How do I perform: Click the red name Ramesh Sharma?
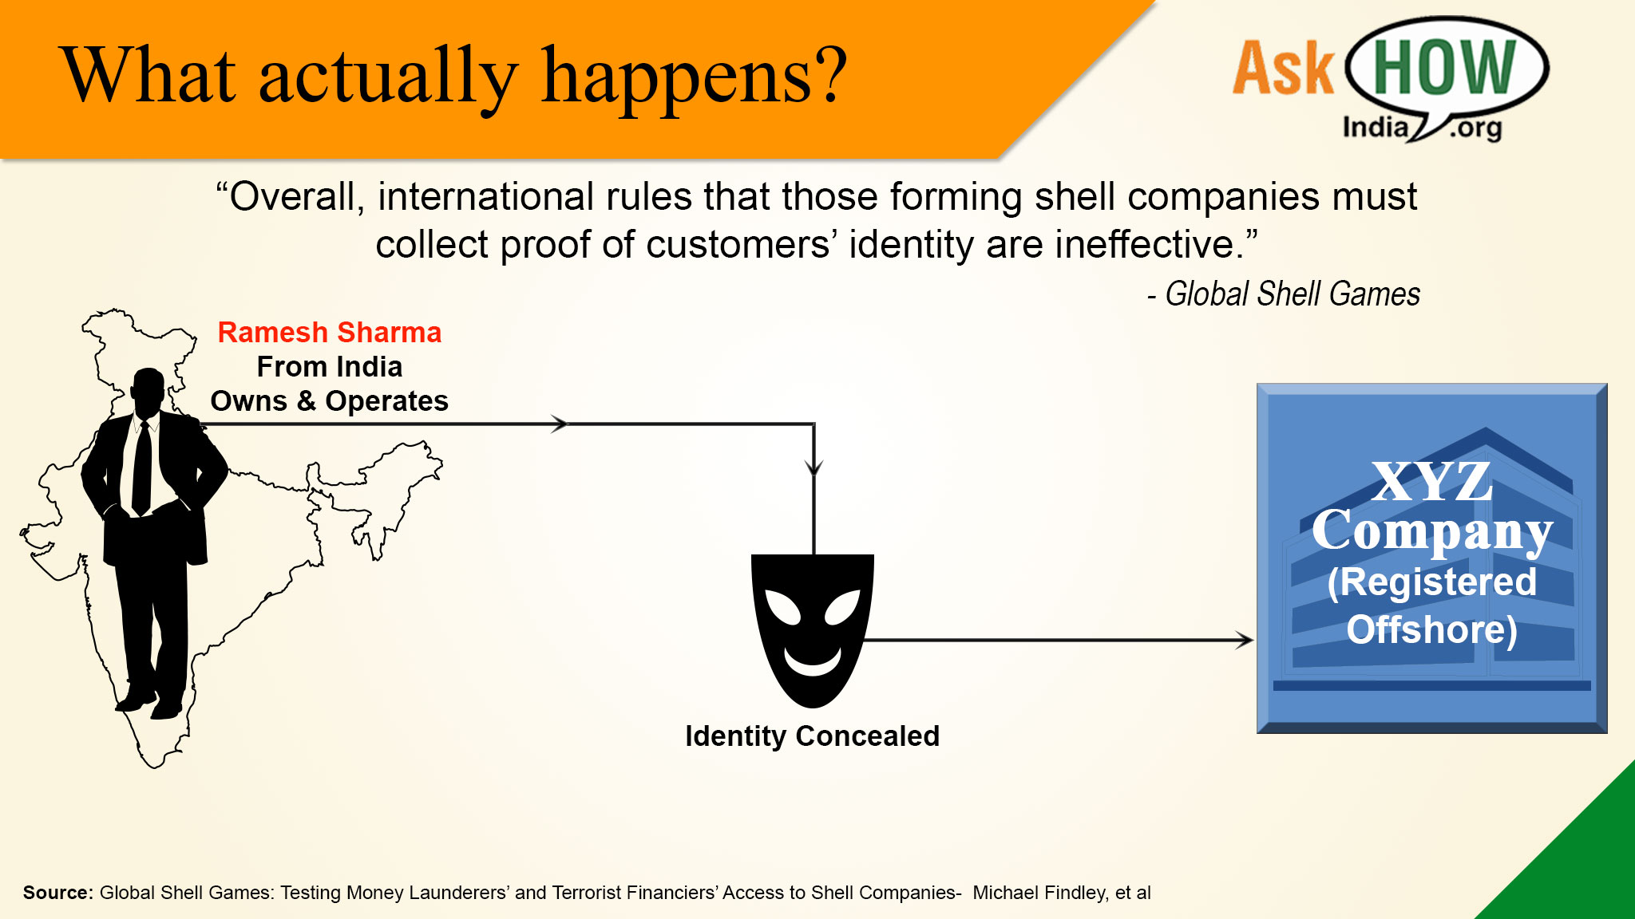tap(330, 333)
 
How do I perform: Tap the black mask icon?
tap(813, 630)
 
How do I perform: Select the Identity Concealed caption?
tap(813, 736)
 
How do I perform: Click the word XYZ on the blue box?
tap(1432, 481)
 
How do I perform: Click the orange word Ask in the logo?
tap(1283, 69)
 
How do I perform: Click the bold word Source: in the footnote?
tap(58, 893)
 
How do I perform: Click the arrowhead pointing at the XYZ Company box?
tap(1245, 640)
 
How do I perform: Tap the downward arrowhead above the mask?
tap(814, 467)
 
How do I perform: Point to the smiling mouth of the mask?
tap(813, 661)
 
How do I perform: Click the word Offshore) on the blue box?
tap(1432, 629)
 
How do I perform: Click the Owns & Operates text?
tap(330, 401)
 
